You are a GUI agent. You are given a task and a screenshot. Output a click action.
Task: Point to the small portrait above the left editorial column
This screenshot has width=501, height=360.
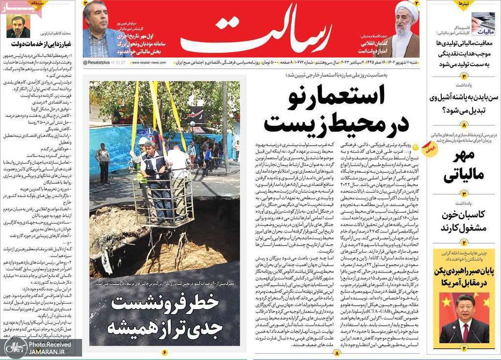[x=18, y=26]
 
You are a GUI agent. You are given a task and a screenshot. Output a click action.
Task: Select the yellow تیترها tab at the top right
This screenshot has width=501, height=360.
[x=462, y=4]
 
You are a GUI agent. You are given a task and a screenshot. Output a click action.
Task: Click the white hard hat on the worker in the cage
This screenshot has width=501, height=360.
[x=143, y=141]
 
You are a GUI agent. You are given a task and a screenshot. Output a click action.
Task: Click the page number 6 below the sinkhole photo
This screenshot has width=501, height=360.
[x=164, y=352]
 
